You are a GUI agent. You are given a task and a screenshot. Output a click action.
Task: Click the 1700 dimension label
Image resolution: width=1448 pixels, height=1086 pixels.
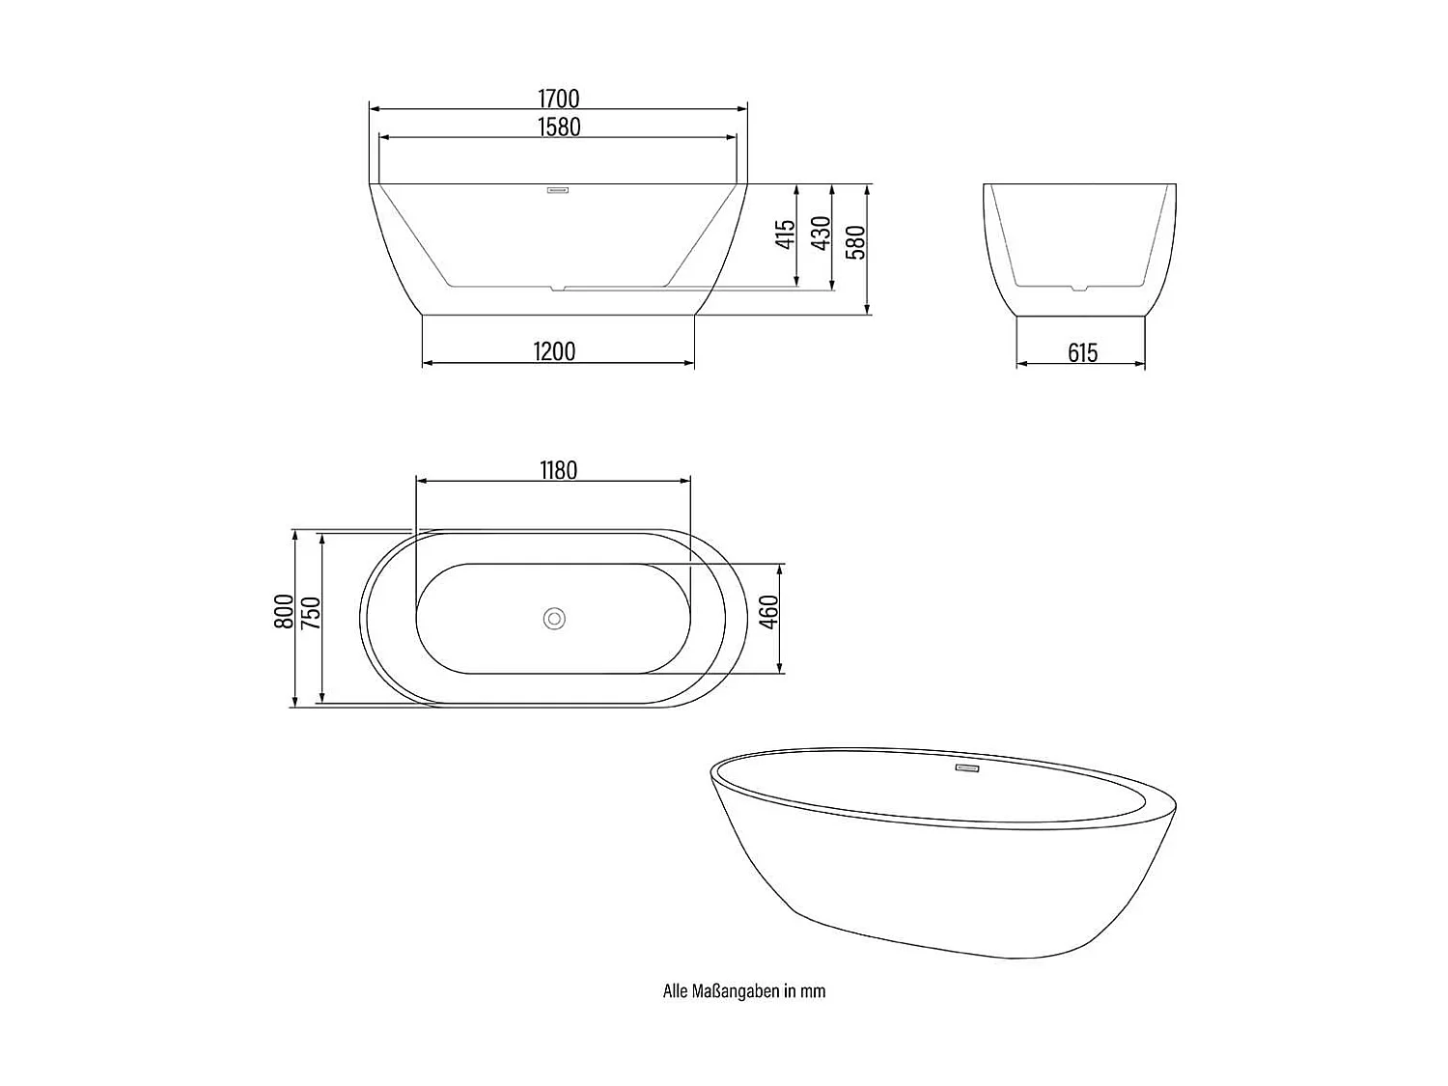558,98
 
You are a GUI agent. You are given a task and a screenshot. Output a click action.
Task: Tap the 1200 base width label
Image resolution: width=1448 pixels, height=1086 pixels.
554,351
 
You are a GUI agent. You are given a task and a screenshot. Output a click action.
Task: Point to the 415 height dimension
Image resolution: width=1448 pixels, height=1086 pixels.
786,235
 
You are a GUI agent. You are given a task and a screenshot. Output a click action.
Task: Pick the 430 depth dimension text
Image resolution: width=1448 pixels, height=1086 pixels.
821,234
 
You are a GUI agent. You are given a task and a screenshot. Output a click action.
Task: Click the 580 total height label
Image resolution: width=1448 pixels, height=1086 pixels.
855,242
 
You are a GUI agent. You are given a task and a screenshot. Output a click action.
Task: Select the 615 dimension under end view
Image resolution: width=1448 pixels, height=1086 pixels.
1082,353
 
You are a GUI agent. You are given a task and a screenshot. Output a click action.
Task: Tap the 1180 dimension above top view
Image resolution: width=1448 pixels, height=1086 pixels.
558,470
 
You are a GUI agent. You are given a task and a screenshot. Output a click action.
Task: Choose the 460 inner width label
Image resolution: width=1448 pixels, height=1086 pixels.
768,612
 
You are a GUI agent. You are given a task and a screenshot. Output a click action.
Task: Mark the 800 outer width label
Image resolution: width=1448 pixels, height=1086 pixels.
284,611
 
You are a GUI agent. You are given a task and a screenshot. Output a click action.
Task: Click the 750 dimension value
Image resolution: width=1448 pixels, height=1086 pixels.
310,613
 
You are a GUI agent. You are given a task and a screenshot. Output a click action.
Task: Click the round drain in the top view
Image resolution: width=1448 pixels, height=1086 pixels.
554,619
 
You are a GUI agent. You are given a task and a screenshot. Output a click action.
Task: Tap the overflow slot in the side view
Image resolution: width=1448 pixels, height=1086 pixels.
558,190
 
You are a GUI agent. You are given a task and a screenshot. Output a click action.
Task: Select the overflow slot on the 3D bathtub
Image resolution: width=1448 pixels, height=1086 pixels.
967,768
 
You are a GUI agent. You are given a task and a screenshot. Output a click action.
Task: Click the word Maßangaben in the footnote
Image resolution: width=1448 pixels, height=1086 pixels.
735,991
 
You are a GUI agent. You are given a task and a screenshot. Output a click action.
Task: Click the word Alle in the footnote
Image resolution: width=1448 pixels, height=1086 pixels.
674,991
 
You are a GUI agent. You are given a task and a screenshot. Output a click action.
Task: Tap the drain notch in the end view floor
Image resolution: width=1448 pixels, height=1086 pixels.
1079,287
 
